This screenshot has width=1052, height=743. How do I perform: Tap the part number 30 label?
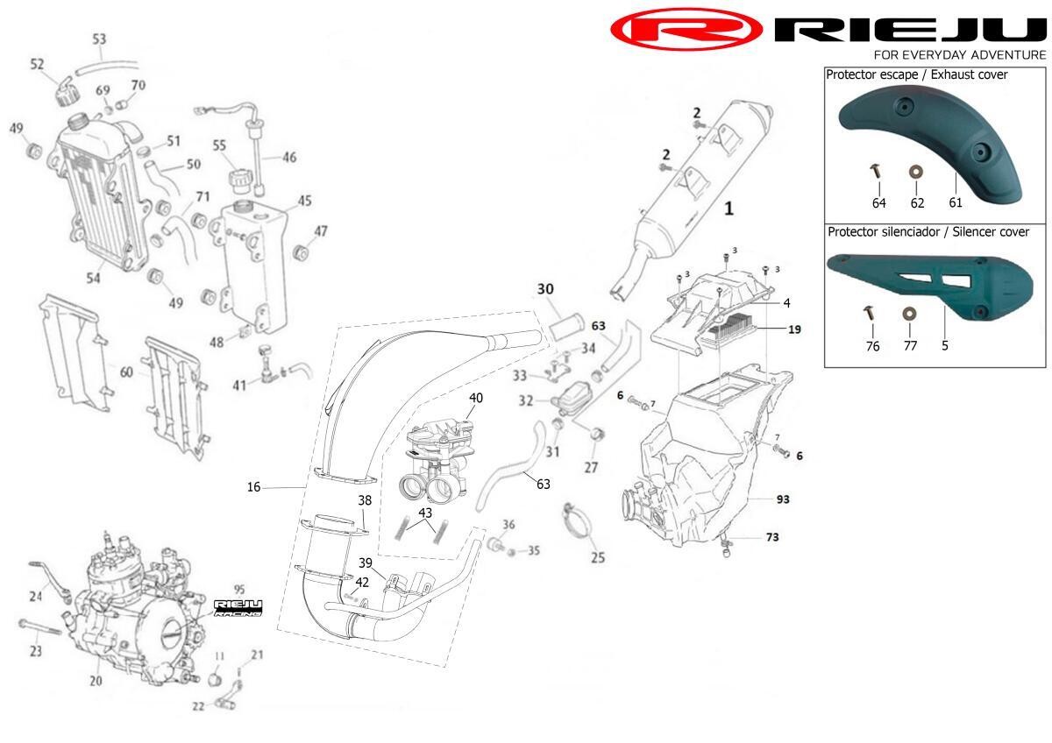click(545, 288)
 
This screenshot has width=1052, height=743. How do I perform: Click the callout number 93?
click(783, 499)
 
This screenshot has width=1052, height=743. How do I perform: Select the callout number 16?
click(253, 486)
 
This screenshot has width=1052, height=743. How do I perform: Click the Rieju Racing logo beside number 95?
click(238, 607)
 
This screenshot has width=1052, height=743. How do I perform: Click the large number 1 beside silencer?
click(727, 209)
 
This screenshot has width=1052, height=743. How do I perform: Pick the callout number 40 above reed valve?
click(475, 398)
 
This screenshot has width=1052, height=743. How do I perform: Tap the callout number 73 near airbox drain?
click(772, 536)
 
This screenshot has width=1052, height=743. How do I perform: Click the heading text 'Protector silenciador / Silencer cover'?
click(928, 232)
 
